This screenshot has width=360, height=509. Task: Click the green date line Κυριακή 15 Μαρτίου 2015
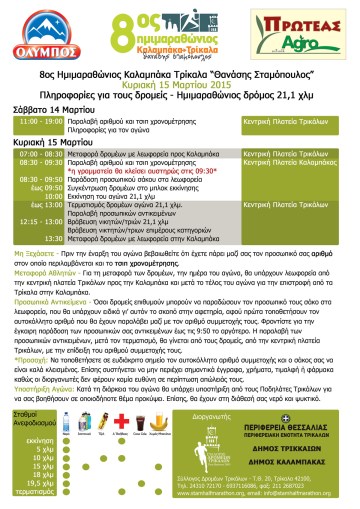[x=180, y=87]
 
